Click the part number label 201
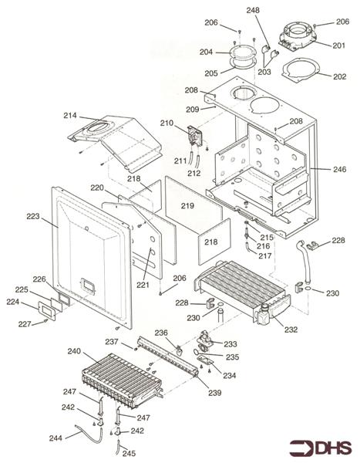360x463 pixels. pos(338,46)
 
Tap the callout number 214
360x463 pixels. pos(70,116)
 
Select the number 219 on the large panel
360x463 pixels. pos(187,206)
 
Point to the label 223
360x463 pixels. pos(33,216)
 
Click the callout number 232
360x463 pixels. pos(291,330)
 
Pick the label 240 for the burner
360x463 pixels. pos(74,351)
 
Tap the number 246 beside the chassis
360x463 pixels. pos(340,169)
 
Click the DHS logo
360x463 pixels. pos(320,448)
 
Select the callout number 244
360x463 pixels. pos(56,438)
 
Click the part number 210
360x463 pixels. pos(167,123)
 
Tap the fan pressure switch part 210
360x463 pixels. pos(194,136)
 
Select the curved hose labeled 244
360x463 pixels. pos(89,432)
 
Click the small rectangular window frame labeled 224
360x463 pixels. pos(46,311)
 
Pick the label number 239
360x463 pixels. pos(215,393)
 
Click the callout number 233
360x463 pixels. pos(230,344)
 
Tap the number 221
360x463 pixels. pos(143,285)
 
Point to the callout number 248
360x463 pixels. pos(253,10)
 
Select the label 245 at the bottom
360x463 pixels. pos(129,453)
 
